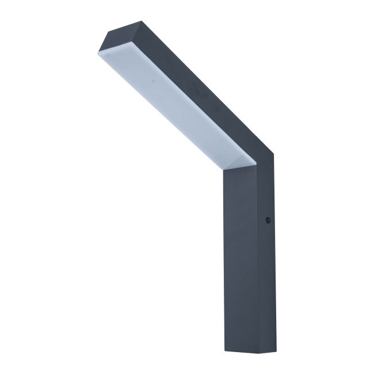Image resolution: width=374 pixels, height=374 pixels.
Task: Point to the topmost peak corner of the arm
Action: point(127,22)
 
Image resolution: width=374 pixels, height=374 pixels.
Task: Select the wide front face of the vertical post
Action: point(239,259)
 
